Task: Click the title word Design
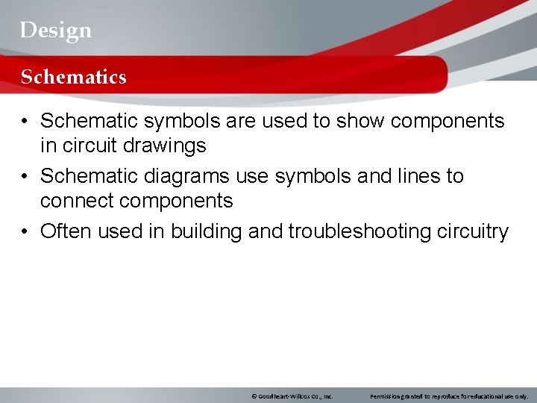click(x=56, y=30)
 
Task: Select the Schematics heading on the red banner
click(x=73, y=77)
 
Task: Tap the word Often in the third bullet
click(x=66, y=231)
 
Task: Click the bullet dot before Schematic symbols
click(x=25, y=122)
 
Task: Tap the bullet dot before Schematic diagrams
click(x=25, y=177)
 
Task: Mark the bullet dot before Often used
click(x=25, y=232)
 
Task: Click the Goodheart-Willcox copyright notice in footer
click(x=292, y=396)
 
